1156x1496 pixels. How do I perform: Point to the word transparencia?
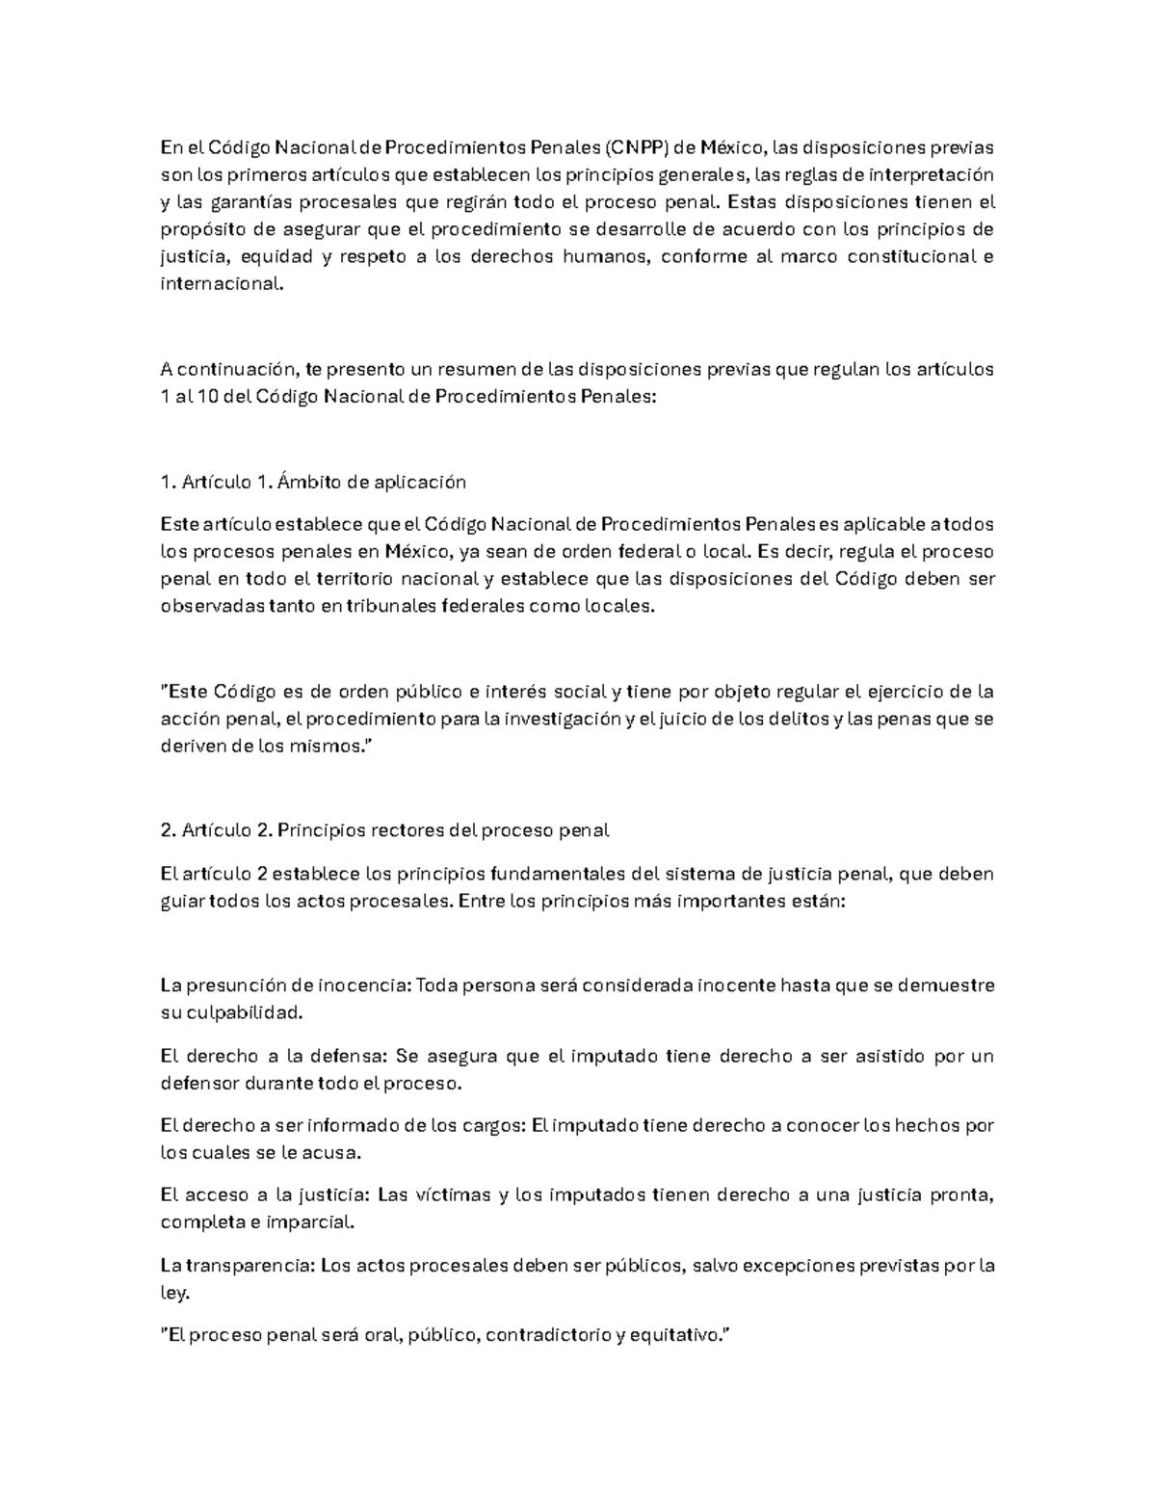(x=250, y=1265)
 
